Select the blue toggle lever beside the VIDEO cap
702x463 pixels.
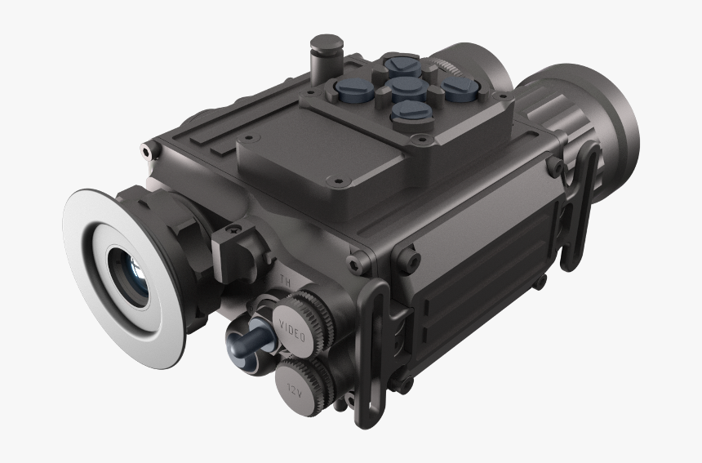(248, 343)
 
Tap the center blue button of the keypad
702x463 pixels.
(402, 87)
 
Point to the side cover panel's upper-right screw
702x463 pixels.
(553, 166)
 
